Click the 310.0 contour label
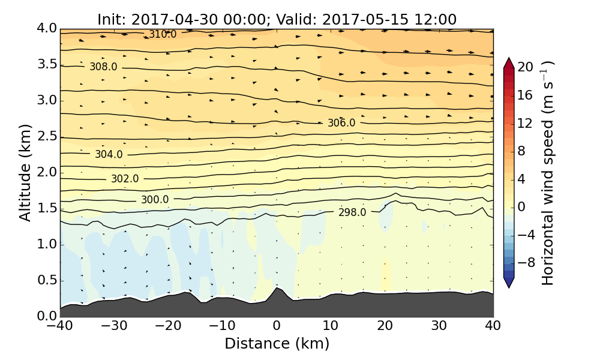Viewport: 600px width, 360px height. pos(163,35)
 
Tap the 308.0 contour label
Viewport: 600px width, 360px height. pos(103,67)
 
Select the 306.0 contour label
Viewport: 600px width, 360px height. pos(341,123)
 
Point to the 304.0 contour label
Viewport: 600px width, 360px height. pos(109,154)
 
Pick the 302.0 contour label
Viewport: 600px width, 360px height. pos(125,179)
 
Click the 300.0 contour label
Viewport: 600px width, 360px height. pos(155,200)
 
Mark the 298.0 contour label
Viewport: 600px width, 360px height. pos(352,212)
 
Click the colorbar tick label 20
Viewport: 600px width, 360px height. pos(526,67)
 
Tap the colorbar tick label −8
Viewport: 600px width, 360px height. pos(526,262)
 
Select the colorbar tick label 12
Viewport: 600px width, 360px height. pos(526,123)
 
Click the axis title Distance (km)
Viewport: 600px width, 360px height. pos(277,344)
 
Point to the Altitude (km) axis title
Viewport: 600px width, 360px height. pos(25,173)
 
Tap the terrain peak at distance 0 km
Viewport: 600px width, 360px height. pos(277,289)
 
